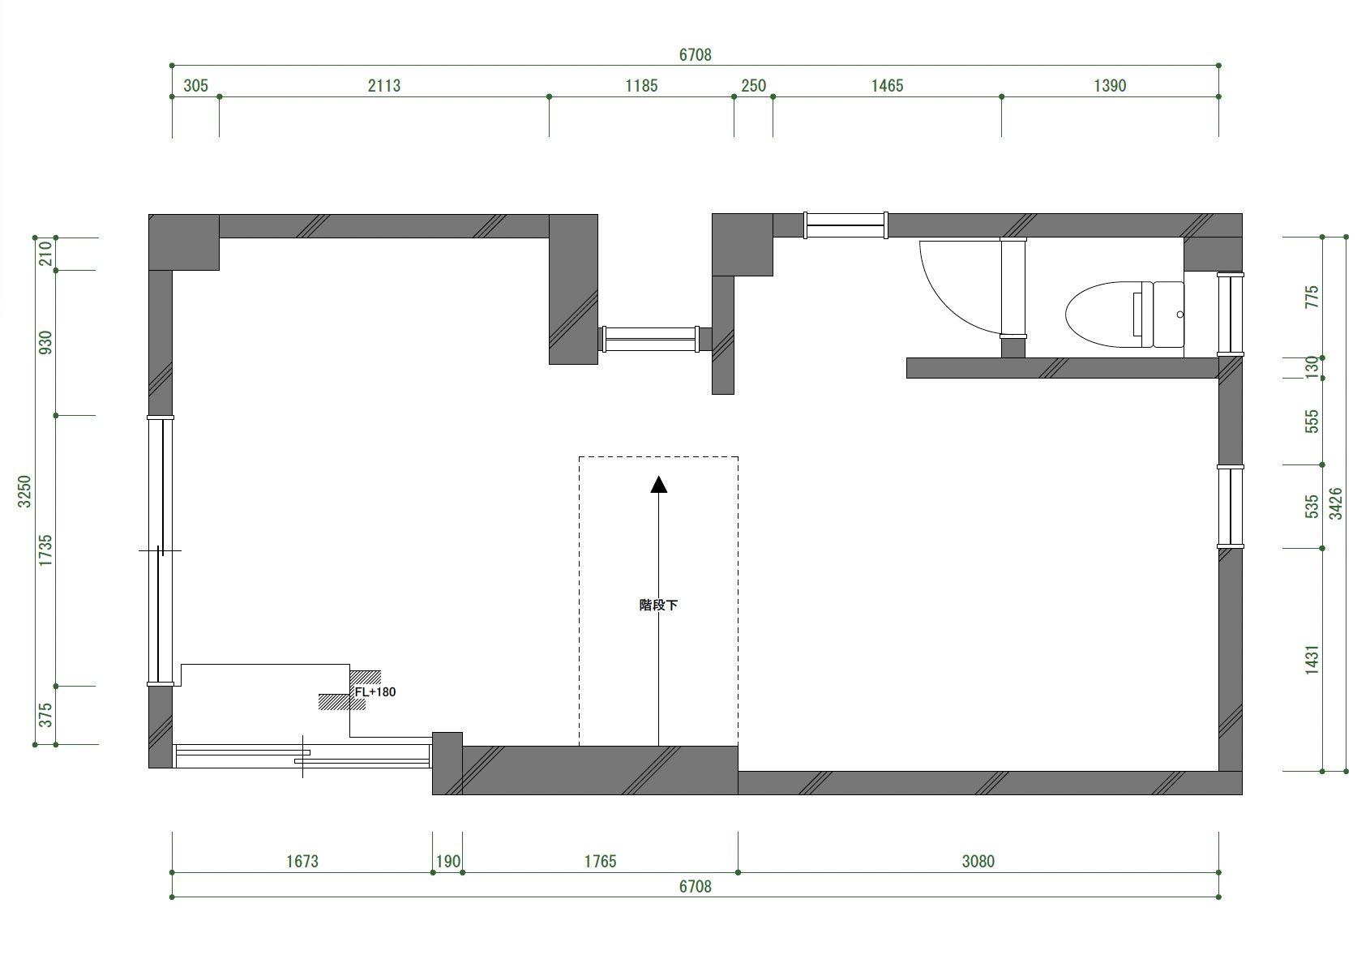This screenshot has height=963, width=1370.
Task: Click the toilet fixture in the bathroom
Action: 1124,315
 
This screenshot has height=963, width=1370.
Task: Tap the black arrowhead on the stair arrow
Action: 659,484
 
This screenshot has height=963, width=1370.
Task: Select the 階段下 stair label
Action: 658,605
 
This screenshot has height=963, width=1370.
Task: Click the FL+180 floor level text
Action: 375,691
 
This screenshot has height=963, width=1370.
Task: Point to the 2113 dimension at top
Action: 384,86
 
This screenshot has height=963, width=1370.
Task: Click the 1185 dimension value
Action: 641,86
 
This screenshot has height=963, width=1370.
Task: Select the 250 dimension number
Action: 754,86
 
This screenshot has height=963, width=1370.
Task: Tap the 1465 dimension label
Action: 887,86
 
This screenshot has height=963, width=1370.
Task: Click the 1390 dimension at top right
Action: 1110,86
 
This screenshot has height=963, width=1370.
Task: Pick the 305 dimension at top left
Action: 195,86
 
